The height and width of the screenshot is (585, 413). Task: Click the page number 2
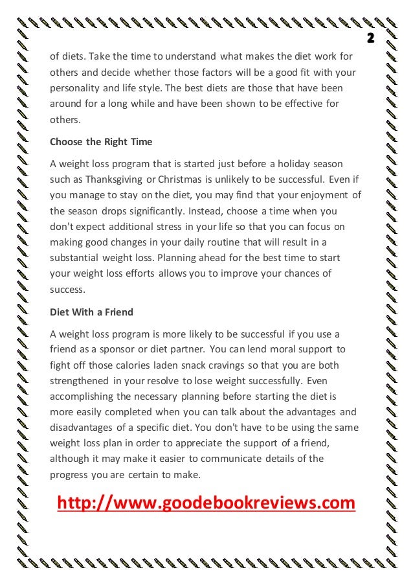372,37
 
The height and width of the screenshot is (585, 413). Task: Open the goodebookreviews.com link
206,503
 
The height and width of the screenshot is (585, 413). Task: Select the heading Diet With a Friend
91,312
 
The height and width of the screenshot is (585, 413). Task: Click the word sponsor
116,350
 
